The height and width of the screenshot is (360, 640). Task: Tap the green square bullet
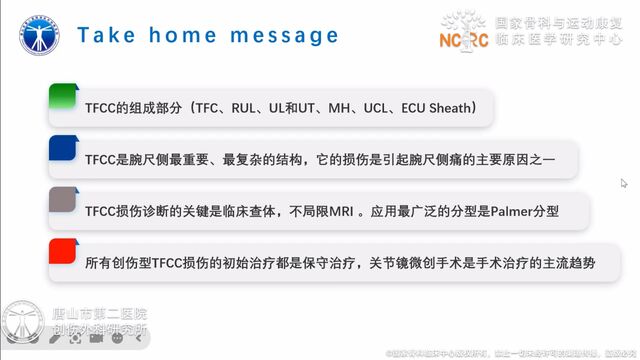[x=63, y=97]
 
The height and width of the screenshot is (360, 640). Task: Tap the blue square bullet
[x=63, y=150]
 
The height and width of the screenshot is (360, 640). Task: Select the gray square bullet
[x=63, y=202]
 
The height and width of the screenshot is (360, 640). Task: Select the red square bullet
[x=63, y=254]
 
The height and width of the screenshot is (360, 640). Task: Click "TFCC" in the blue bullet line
[x=101, y=159]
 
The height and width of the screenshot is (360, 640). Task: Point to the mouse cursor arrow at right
[x=624, y=182]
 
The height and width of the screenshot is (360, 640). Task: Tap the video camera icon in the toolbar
[x=93, y=339]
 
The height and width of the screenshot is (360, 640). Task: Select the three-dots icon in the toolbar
[x=117, y=339]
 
